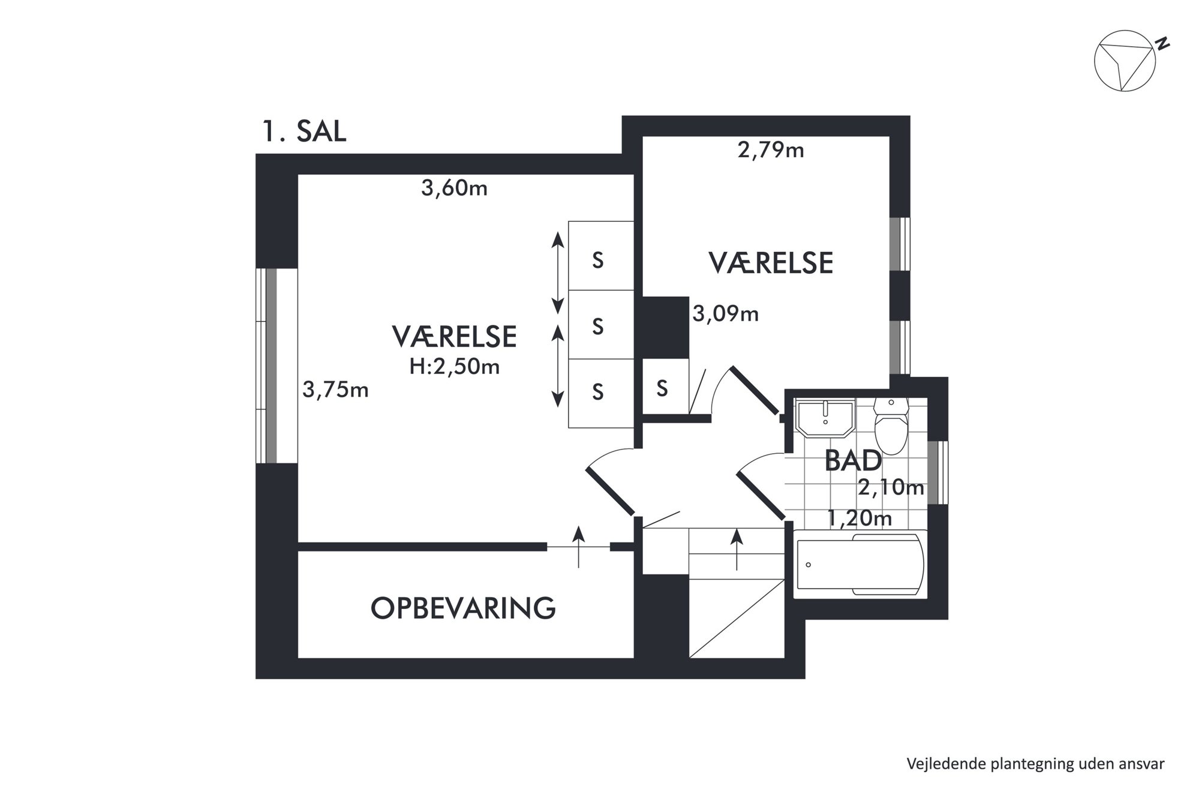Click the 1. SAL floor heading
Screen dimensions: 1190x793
tap(304, 132)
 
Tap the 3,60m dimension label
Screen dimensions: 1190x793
tap(454, 189)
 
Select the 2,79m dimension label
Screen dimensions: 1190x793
tap(771, 150)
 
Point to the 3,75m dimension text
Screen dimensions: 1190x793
tap(335, 390)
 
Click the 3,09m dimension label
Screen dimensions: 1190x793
tap(726, 313)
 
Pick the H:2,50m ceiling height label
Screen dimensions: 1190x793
tap(454, 366)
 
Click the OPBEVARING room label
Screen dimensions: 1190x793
tap(463, 608)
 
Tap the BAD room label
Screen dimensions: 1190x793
tap(853, 460)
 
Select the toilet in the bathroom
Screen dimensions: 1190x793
tap(891, 426)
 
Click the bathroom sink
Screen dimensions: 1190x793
tap(825, 418)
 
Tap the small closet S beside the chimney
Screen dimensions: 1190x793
tap(662, 388)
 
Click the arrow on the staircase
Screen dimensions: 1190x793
tap(737, 549)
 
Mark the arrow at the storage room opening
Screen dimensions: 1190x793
tap(578, 547)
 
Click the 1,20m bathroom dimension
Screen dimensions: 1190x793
tap(859, 518)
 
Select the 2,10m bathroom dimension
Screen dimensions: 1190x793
tap(891, 488)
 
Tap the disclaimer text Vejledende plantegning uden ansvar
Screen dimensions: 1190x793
tap(1035, 764)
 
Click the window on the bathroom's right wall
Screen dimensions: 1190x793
tap(937, 472)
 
